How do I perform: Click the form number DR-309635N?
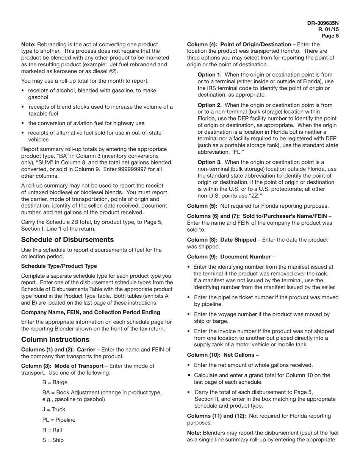coord(323,23)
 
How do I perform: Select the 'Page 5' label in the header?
coord(330,36)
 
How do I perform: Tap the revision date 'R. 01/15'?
coord(329,29)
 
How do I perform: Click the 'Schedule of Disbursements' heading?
coord(67,239)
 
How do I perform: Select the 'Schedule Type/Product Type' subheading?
coord(59,266)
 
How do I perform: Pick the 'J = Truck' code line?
coord(54,410)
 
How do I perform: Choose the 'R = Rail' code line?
coord(52,430)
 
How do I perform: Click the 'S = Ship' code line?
coord(53,440)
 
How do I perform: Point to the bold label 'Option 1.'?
coord(210,75)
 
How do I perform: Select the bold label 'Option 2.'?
coord(210,105)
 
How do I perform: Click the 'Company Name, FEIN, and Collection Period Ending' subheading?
coord(91,312)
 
